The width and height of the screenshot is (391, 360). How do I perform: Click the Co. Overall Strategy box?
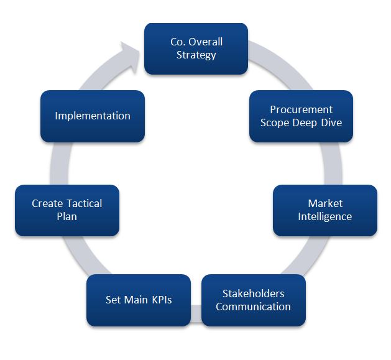coord(196,48)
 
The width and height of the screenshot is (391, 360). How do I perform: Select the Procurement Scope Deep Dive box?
coord(301,116)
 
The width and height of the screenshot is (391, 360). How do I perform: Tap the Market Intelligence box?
coord(324,210)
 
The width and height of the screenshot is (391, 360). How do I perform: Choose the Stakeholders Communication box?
coord(253,300)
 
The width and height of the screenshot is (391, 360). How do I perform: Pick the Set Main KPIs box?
coord(139,300)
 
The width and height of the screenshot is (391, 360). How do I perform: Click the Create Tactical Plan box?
coord(67,210)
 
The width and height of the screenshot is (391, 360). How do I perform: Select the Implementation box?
coord(93,116)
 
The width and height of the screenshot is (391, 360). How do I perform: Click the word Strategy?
coord(196,55)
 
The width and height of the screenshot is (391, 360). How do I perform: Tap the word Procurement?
coord(301,109)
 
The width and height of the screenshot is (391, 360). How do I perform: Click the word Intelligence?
coord(324,216)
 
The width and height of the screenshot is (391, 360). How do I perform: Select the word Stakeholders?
coord(253,293)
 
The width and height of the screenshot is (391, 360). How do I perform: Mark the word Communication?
coord(253,307)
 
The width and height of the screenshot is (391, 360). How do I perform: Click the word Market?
coord(324,203)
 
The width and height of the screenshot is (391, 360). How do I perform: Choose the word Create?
coord(47,203)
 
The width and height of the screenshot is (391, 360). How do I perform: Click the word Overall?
coord(206,42)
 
